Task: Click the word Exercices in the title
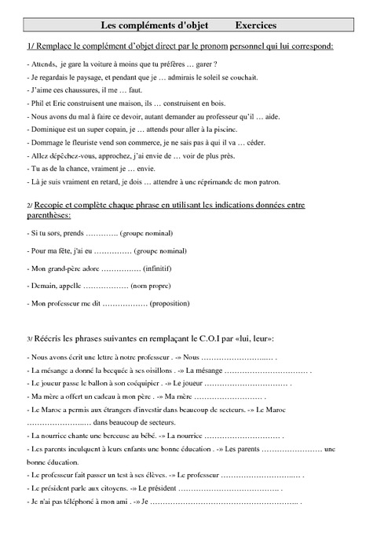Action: point(256,26)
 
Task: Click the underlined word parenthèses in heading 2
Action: point(48,214)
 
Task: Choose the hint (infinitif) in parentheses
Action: point(161,268)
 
